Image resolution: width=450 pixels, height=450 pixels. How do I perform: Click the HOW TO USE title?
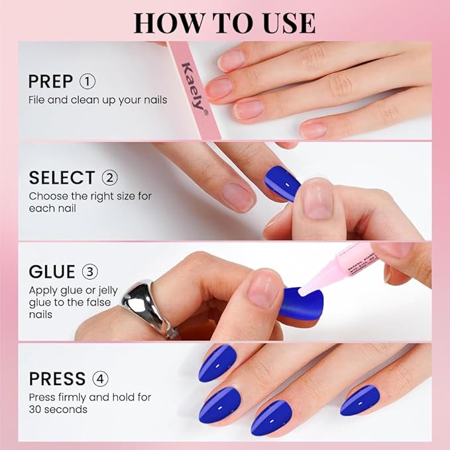coord(224,23)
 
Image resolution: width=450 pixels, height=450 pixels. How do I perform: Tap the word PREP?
coord(50,82)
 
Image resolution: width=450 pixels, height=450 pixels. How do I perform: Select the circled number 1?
coord(87,82)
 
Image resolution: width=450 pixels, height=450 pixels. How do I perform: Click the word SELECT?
coord(62,178)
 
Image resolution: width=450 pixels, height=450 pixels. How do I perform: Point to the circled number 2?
coord(110,178)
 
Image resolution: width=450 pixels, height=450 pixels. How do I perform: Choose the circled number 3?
coord(91,272)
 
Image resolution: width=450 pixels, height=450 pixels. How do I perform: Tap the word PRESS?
coord(57,379)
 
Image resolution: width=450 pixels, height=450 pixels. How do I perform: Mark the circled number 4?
coord(101,379)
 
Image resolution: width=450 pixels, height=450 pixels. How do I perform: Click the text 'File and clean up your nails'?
coord(97,100)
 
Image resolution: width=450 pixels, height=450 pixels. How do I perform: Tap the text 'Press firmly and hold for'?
coord(89,397)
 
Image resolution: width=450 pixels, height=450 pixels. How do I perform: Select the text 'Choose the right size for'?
coord(91,196)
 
